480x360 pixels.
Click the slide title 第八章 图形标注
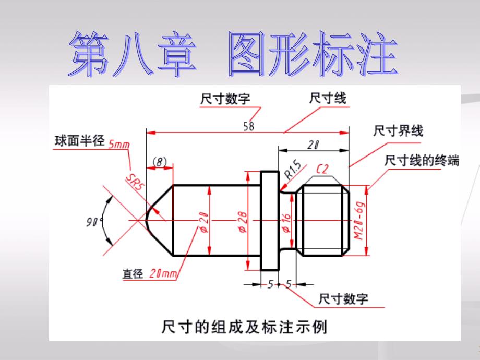click(x=232, y=55)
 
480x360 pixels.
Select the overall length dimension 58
click(x=248, y=126)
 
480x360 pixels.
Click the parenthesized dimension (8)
click(x=159, y=162)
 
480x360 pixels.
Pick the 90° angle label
click(x=94, y=222)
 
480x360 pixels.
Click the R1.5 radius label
click(x=293, y=171)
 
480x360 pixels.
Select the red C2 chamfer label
click(x=322, y=169)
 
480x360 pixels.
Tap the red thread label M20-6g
click(x=358, y=220)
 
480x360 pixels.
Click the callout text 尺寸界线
click(x=398, y=131)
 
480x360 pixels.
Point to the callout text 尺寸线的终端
click(x=422, y=161)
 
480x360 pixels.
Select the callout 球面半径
click(x=80, y=142)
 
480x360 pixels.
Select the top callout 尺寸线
click(x=328, y=98)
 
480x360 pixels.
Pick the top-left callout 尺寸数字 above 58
click(x=225, y=99)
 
